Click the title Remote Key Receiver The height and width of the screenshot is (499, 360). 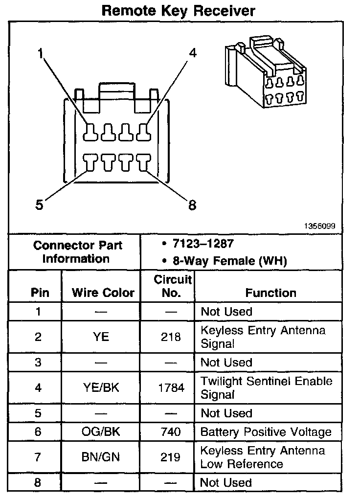[178, 11]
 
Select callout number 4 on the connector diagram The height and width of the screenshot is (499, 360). [193, 53]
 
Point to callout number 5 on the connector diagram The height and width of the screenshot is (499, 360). [40, 205]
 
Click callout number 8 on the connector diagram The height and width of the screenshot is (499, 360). [192, 205]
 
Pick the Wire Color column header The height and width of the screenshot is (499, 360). [103, 293]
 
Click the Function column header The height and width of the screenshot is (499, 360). [270, 293]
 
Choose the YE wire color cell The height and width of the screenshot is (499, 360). [101, 337]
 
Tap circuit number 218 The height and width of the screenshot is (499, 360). [170, 337]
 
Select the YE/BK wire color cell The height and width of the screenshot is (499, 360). [101, 388]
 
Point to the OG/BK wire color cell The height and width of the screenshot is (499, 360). [101, 432]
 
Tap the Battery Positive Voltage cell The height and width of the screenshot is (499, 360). [266, 432]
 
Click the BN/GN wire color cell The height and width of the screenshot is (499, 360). [101, 457]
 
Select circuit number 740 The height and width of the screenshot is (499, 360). [170, 432]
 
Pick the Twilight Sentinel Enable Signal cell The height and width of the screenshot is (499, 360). [266, 387]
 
